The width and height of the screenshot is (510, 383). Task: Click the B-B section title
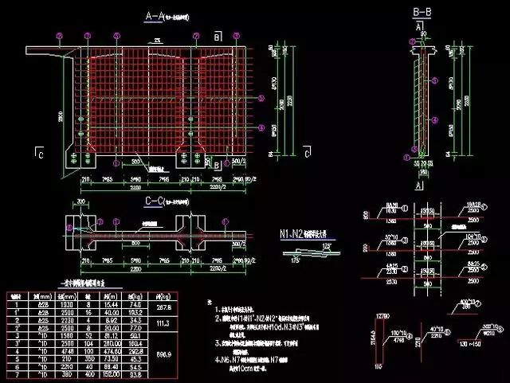click(x=422, y=11)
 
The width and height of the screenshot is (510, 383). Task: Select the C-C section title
click(x=157, y=202)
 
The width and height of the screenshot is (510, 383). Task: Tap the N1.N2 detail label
click(x=295, y=234)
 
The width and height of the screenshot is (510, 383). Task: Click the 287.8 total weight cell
click(x=165, y=307)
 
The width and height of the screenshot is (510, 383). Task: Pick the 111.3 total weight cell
click(x=165, y=323)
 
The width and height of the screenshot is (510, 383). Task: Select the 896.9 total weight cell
click(x=165, y=353)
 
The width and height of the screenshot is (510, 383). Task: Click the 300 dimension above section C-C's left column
click(x=83, y=202)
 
